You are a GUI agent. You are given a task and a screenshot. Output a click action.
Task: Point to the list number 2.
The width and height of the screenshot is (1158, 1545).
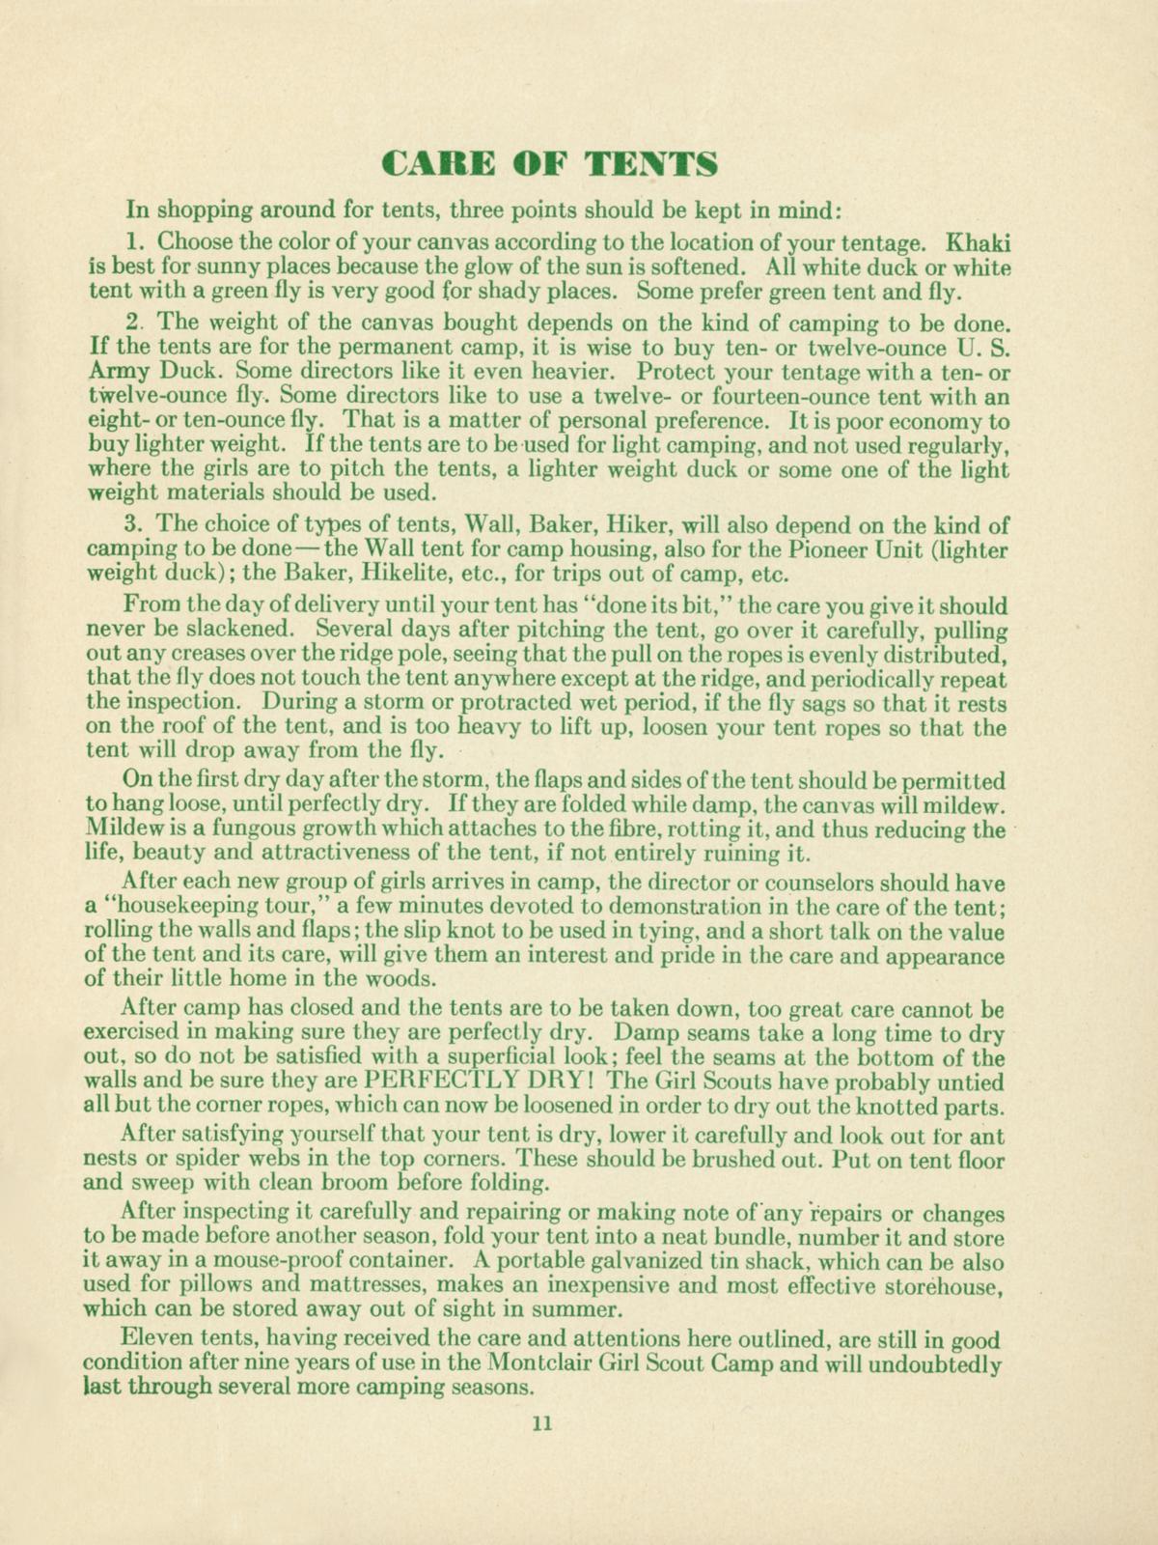pyautogui.click(x=134, y=321)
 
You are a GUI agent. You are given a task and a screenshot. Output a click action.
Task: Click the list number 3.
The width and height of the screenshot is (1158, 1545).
pyautogui.click(x=134, y=524)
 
